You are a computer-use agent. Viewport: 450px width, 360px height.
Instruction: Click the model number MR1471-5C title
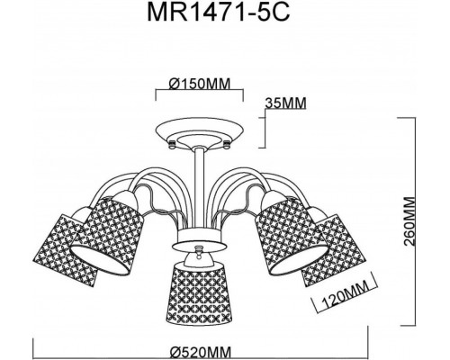coord(219,13)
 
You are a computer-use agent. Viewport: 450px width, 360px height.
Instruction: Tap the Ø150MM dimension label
coord(200,84)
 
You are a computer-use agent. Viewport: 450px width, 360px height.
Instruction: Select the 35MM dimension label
coord(286,103)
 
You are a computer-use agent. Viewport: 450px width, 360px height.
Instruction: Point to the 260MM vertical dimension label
coord(409,221)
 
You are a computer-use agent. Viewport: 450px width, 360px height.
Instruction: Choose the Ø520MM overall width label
coord(201,351)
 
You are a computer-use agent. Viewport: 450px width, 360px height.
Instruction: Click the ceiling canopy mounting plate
coord(200,132)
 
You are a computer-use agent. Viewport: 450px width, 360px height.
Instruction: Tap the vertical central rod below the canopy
coord(200,189)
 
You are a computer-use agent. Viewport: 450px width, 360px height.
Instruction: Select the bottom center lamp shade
coord(199,292)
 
